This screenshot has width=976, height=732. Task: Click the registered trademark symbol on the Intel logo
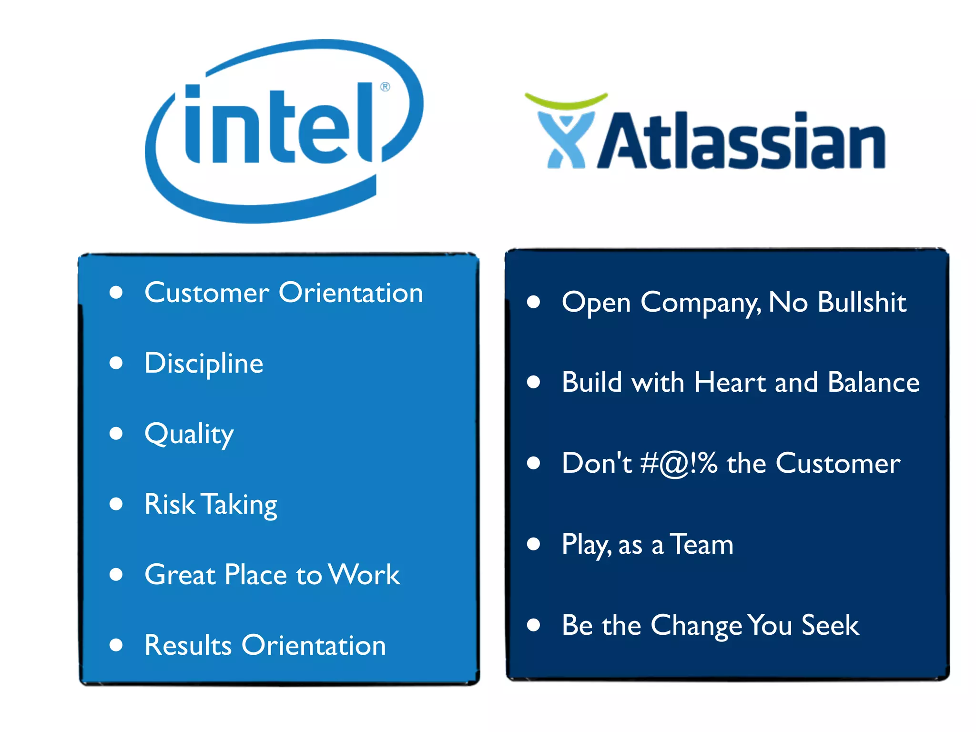(x=385, y=87)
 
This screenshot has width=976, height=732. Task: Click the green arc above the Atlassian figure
(x=566, y=101)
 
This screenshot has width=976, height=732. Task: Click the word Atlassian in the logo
(x=741, y=142)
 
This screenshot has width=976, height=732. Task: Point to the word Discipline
(x=203, y=363)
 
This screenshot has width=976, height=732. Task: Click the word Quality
(x=189, y=434)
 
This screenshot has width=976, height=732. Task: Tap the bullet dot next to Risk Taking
(x=116, y=504)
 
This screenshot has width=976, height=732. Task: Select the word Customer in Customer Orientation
(x=206, y=293)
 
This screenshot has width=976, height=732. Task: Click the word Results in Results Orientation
(x=188, y=645)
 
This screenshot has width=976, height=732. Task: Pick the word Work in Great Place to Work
(x=365, y=574)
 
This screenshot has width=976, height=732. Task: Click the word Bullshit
(x=862, y=302)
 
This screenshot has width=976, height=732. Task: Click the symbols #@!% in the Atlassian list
(x=679, y=463)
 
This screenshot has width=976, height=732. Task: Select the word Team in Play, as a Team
(x=701, y=544)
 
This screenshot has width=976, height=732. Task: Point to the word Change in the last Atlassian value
(x=696, y=625)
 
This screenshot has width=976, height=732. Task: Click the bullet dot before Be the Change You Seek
(x=533, y=625)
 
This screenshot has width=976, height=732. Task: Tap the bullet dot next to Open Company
(x=533, y=302)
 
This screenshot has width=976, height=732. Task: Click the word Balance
(x=873, y=382)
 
